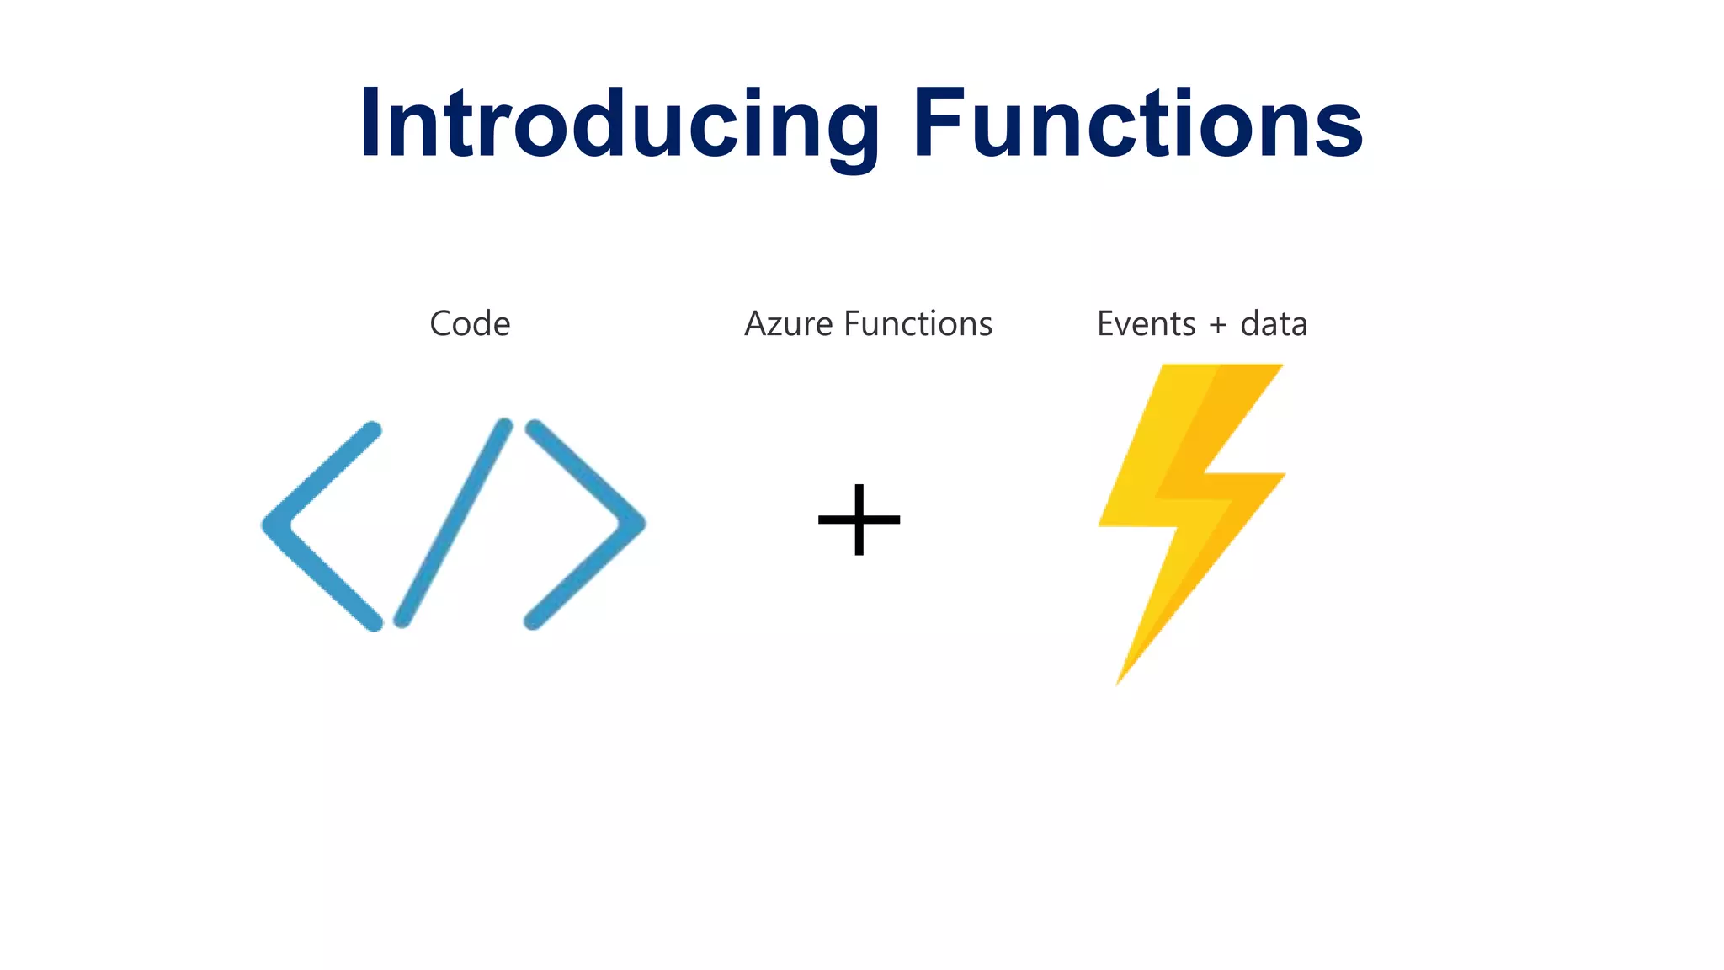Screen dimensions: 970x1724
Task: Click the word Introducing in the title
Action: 619,125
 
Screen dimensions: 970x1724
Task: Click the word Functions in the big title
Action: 1136,125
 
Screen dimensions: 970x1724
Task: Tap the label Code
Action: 470,324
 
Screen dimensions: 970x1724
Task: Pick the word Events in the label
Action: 1146,324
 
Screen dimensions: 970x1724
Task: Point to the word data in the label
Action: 1274,324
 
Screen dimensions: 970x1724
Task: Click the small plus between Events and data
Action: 1217,326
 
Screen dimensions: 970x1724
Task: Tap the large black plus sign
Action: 859,520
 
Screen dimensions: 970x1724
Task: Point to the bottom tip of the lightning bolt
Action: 1120,678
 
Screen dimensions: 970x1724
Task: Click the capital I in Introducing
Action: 369,125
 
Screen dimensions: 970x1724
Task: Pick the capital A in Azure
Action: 757,324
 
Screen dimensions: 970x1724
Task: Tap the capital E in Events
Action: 1107,324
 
